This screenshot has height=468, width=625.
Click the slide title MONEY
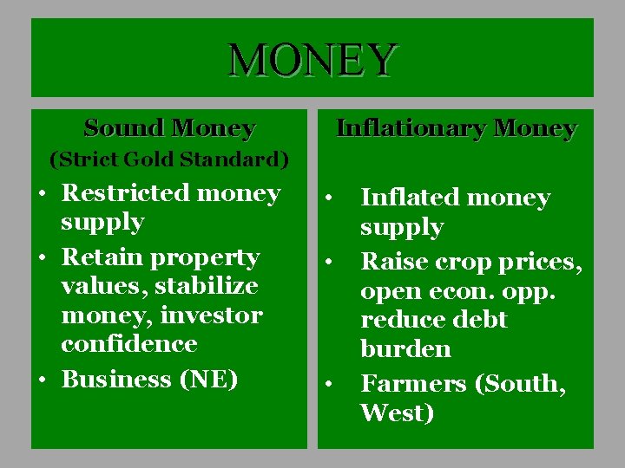[x=312, y=60]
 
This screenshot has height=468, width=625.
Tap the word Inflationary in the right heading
[x=411, y=129]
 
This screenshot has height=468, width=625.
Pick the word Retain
[x=105, y=257]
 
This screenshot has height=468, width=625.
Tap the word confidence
[x=129, y=344]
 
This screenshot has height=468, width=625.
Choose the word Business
[x=115, y=380]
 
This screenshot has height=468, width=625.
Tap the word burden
[x=405, y=349]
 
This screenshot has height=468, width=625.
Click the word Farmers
[x=412, y=384]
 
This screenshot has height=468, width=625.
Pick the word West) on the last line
[x=397, y=413]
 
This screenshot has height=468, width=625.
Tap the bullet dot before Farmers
[x=330, y=384]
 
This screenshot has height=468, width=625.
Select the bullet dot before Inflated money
[x=330, y=198]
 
